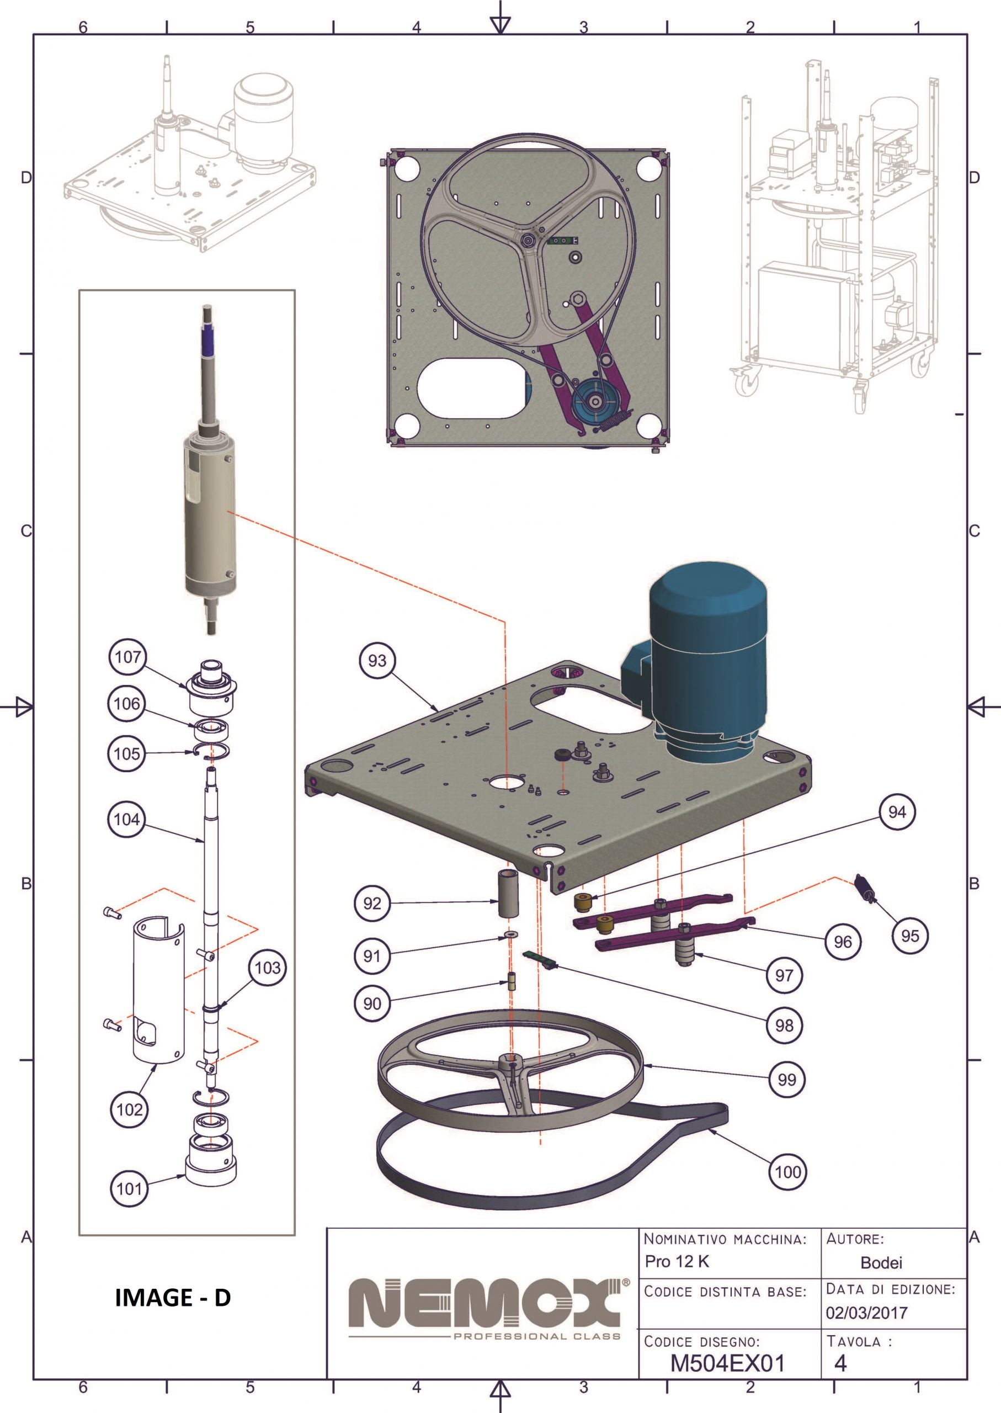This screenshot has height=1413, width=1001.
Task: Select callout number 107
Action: coord(127,657)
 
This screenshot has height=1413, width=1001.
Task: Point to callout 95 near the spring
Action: coord(910,936)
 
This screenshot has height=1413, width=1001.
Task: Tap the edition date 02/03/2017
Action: coord(866,1313)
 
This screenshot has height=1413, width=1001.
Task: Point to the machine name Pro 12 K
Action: coord(677,1261)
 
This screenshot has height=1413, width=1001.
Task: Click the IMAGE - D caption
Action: coord(173,1298)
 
